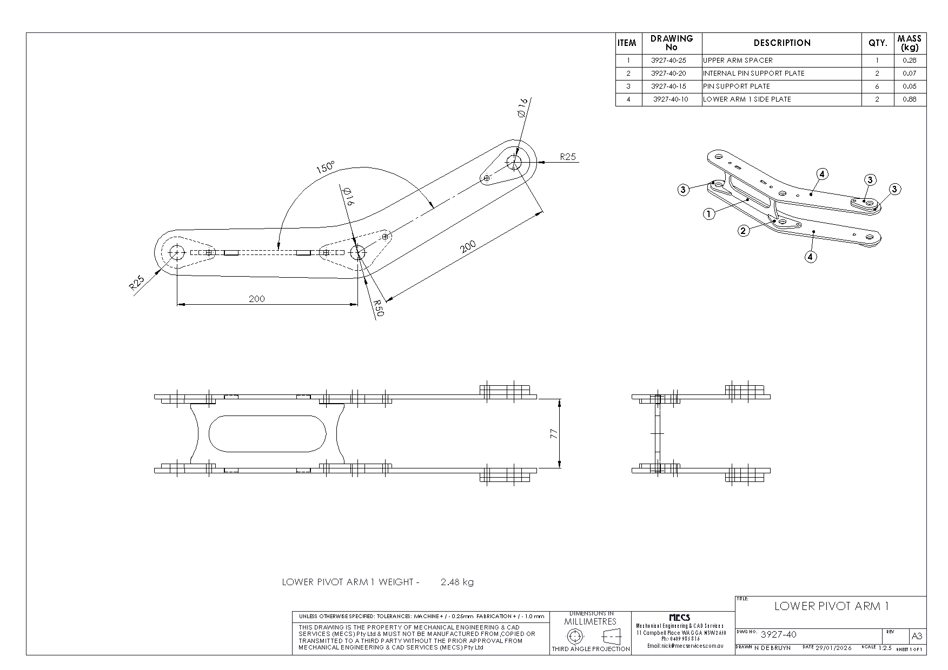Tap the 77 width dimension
(554, 434)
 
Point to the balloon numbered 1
(709, 214)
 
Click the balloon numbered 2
(744, 231)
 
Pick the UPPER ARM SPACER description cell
(738, 61)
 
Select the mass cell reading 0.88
(910, 99)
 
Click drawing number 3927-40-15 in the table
(668, 86)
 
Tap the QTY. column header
(877, 43)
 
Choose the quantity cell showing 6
(877, 86)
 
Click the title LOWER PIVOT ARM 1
(831, 606)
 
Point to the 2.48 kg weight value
(457, 582)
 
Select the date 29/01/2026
(833, 647)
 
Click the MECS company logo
(679, 618)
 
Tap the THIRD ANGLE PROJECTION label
(591, 649)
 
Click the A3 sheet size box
(917, 636)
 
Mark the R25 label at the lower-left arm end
(137, 283)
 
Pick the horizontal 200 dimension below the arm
(257, 299)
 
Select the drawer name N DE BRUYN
(772, 647)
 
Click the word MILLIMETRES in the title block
(590, 622)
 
